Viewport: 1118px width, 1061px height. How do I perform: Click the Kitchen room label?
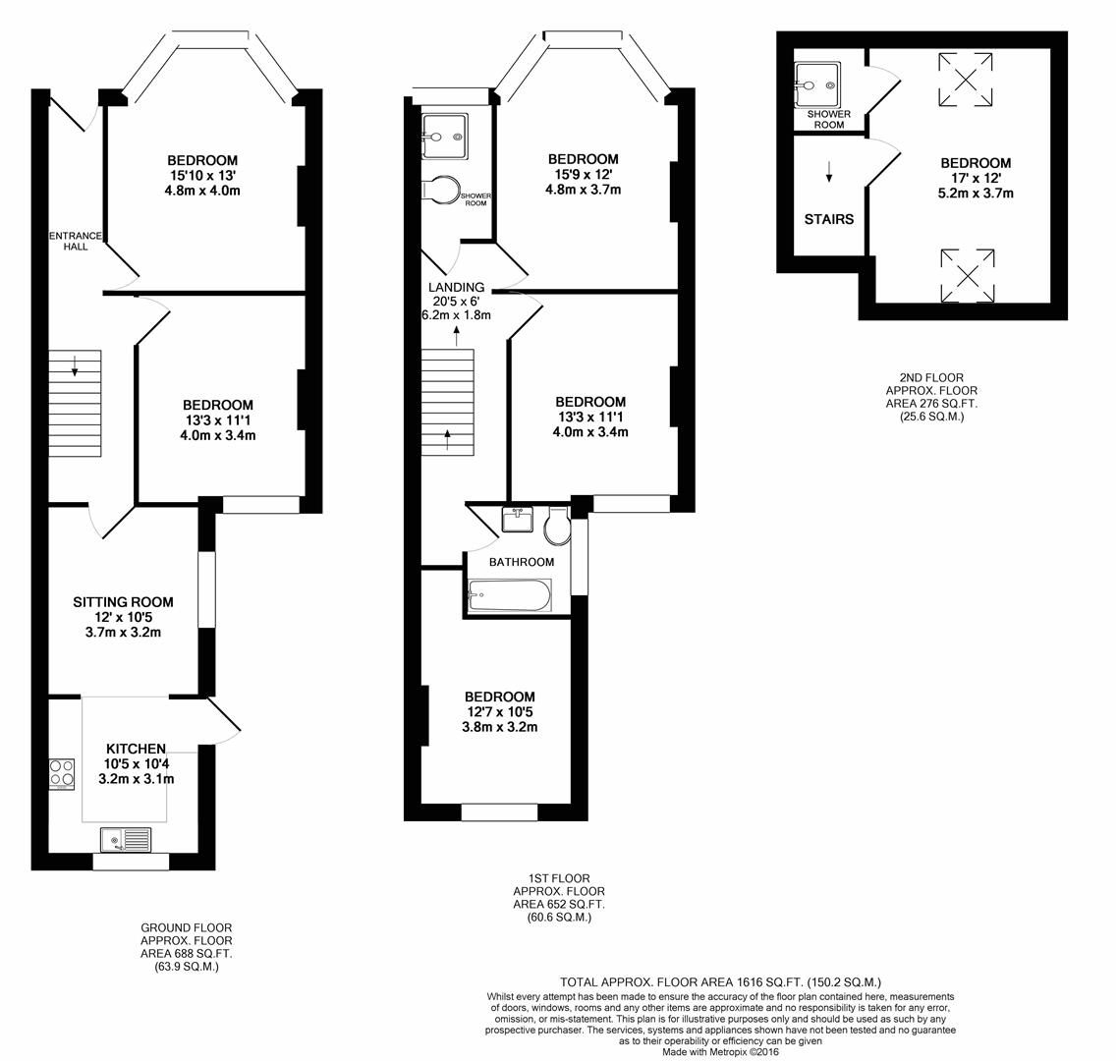pyautogui.click(x=136, y=749)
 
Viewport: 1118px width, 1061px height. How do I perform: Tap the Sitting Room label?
pyautogui.click(x=123, y=602)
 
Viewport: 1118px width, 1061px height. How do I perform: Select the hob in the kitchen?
pyautogui.click(x=62, y=774)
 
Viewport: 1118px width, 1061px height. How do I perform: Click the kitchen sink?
pyautogui.click(x=126, y=839)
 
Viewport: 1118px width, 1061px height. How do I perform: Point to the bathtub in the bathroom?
pyautogui.click(x=510, y=595)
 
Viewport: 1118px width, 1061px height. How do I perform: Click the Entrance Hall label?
pyautogui.click(x=76, y=241)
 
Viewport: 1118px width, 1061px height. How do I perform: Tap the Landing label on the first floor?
pyautogui.click(x=456, y=287)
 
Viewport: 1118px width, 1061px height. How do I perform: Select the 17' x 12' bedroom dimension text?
pyautogui.click(x=975, y=178)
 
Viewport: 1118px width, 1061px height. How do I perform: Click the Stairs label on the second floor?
pyautogui.click(x=828, y=219)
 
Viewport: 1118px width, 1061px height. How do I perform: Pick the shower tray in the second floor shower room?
pyautogui.click(x=817, y=85)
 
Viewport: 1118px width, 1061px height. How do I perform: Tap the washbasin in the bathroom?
pyautogui.click(x=517, y=519)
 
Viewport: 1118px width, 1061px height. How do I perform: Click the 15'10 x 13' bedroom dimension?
pyautogui.click(x=202, y=176)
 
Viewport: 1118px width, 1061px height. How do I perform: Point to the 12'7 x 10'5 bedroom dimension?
pyautogui.click(x=499, y=711)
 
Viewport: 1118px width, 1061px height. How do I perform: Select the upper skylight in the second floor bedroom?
pyautogui.click(x=966, y=80)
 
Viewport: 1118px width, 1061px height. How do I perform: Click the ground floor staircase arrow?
pyautogui.click(x=75, y=365)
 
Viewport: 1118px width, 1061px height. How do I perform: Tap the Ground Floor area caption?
pyautogui.click(x=186, y=947)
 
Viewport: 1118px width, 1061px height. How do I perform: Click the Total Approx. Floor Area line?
pyautogui.click(x=721, y=981)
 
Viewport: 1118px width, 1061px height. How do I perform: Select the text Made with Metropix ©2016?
pyautogui.click(x=721, y=1051)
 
